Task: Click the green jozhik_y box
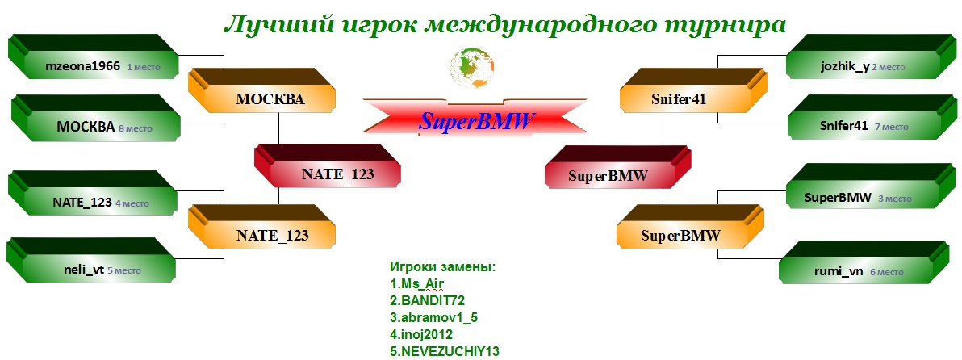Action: pyautogui.click(x=871, y=60)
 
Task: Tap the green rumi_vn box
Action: pyautogui.click(x=864, y=265)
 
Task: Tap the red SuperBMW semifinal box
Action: pyautogui.click(x=618, y=166)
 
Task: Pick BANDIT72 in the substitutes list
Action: pyautogui.click(x=427, y=300)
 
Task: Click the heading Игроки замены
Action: pyautogui.click(x=442, y=267)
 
